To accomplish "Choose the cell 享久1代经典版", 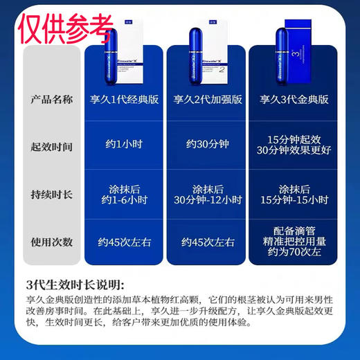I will (124, 100).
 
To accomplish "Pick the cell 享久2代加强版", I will (206, 100).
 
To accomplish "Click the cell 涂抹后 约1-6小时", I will (124, 195).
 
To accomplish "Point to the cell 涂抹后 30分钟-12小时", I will (206, 195).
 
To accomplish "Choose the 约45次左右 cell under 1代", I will (124, 242).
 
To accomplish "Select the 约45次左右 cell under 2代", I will (206, 242).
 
